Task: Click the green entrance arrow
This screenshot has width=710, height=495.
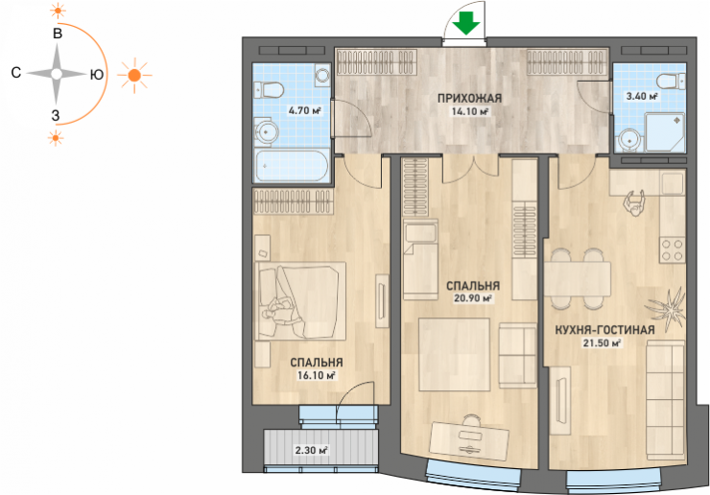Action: tap(467, 24)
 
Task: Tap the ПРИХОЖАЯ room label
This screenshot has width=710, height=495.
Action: tap(469, 98)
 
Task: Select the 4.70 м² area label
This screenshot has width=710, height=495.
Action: tap(304, 110)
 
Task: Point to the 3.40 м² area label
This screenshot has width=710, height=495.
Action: tap(642, 96)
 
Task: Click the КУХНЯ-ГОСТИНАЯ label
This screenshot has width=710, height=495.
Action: tap(605, 330)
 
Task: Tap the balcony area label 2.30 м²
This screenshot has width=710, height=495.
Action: tap(311, 450)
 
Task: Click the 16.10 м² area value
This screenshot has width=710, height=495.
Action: tap(316, 375)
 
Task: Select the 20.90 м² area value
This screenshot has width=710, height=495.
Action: tap(473, 298)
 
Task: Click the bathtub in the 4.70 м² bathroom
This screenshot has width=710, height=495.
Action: tap(291, 165)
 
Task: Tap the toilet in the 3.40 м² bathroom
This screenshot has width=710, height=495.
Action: tap(671, 82)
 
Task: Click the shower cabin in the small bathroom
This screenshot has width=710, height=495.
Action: tap(664, 132)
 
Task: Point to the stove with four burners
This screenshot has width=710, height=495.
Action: tap(672, 250)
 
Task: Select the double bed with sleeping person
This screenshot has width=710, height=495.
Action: tap(300, 300)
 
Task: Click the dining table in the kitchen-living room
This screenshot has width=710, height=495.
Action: tap(577, 278)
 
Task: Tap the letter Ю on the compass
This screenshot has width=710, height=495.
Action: tap(97, 74)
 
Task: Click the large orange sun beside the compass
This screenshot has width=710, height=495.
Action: tap(134, 75)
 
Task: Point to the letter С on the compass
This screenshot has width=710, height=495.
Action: tap(16, 73)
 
